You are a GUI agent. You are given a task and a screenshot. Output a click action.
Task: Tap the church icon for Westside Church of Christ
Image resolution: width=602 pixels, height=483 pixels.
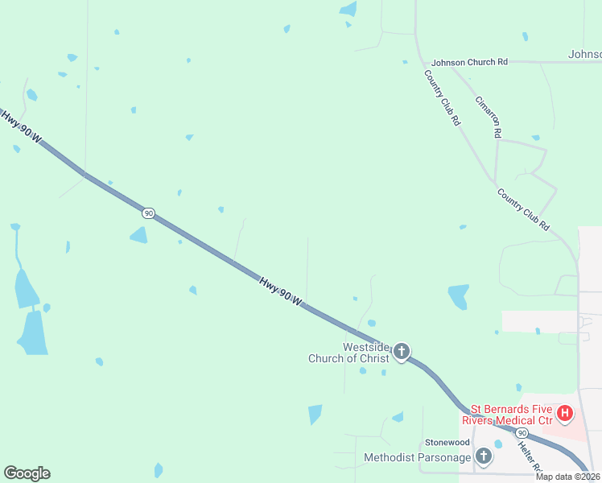(x=401, y=352)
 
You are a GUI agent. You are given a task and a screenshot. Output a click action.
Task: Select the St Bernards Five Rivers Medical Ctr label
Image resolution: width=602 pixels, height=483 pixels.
(x=507, y=415)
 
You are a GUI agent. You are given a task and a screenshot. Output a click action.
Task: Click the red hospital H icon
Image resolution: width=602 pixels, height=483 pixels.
(x=565, y=414)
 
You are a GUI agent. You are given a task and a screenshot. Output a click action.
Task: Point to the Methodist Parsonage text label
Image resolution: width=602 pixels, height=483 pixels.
(x=417, y=457)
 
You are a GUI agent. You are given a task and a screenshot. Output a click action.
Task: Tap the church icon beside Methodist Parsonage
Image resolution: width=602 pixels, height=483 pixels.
(x=483, y=457)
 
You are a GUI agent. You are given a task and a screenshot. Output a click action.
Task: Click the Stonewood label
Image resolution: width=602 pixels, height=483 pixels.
(x=447, y=443)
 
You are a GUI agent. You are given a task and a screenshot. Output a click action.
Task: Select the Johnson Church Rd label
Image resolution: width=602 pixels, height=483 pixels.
(x=470, y=62)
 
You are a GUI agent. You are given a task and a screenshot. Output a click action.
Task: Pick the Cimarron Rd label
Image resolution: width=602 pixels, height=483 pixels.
(x=489, y=117)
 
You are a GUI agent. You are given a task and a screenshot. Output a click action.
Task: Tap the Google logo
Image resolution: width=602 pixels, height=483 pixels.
(x=27, y=473)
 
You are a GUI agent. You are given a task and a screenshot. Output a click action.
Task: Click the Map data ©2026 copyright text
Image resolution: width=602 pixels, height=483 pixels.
(x=568, y=477)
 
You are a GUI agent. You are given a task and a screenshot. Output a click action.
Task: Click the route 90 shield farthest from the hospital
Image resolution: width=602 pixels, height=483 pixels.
(x=148, y=213)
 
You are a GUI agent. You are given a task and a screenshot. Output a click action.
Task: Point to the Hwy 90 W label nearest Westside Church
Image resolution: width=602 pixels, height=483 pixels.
(x=280, y=291)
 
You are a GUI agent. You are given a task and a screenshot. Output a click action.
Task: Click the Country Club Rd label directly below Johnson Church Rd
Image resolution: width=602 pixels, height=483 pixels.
(x=443, y=97)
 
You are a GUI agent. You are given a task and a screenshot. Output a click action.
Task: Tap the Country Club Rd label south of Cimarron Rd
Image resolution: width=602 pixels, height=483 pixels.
(x=523, y=209)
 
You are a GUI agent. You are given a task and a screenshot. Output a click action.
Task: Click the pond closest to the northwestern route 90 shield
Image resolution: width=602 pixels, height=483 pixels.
(x=139, y=235)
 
